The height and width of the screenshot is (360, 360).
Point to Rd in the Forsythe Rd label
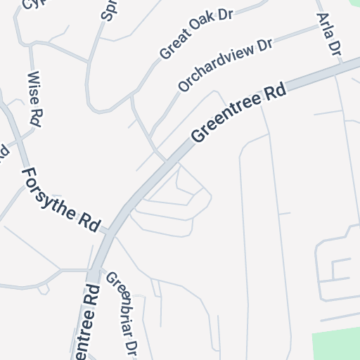pyautogui.click(x=90, y=221)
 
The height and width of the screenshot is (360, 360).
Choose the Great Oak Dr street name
pyautogui.click(x=196, y=33)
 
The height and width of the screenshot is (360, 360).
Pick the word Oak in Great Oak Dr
pyautogui.click(x=202, y=29)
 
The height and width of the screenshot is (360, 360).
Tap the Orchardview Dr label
pyautogui.click(x=225, y=65)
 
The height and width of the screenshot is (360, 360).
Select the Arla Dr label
pyautogui.click(x=328, y=34)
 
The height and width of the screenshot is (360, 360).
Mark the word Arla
pyautogui.click(x=326, y=27)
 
